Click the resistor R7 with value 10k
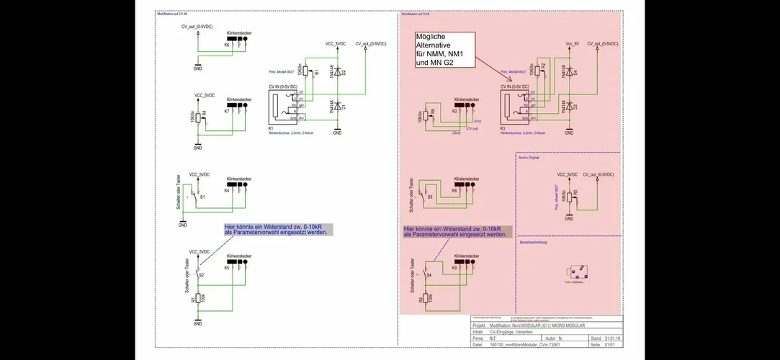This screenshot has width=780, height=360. pos(198,297)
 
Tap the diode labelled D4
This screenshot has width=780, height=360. pos(569,72)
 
